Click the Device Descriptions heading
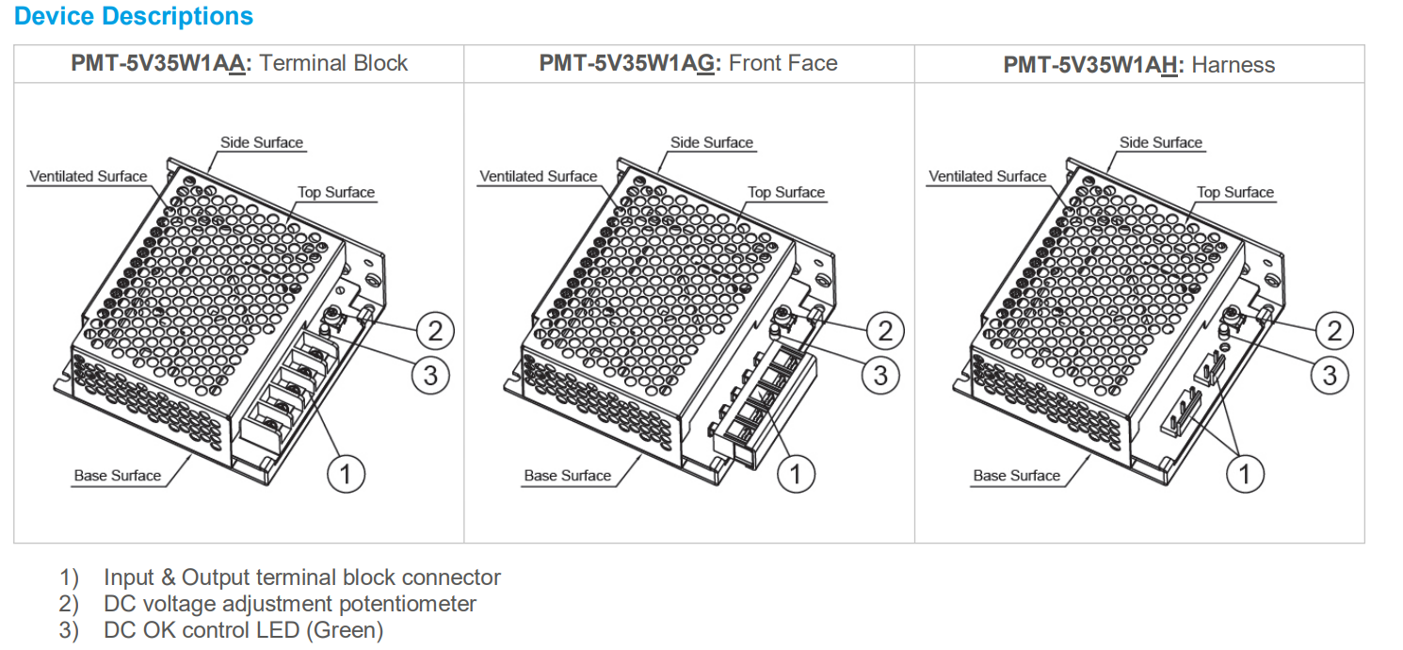point(134,16)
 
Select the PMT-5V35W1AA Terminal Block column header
point(239,63)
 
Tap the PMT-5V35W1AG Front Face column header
point(687,63)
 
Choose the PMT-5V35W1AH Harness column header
point(1138,65)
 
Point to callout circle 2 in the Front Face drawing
point(884,331)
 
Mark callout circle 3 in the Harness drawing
point(1330,376)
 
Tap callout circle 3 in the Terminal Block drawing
point(430,376)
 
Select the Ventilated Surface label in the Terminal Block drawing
point(89,176)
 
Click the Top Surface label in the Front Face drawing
point(785,192)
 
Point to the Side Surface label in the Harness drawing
point(1160,142)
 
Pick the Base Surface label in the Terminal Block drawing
point(118,476)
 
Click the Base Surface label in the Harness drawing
point(1016,476)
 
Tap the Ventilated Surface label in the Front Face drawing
point(539,176)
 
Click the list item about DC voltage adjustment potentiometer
point(290,604)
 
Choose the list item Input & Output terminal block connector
point(301,577)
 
